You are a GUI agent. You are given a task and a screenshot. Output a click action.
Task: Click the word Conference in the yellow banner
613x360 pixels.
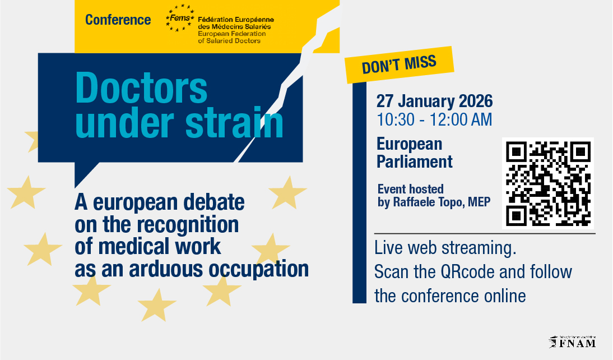click(x=118, y=20)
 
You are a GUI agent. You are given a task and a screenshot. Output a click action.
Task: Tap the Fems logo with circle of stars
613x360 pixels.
click(x=180, y=18)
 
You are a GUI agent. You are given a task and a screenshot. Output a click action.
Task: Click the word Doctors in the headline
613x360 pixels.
click(x=141, y=89)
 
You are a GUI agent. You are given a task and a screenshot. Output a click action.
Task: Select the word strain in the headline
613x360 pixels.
click(x=234, y=122)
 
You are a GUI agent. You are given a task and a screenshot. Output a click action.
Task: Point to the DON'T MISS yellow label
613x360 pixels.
click(x=399, y=64)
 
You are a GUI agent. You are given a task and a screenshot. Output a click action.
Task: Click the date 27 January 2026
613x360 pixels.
click(x=434, y=101)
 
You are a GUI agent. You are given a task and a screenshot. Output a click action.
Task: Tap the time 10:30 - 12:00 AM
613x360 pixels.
click(x=434, y=120)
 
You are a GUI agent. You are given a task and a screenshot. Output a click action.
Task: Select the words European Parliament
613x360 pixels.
click(x=415, y=153)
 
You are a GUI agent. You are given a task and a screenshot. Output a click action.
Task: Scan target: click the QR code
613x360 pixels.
click(x=547, y=183)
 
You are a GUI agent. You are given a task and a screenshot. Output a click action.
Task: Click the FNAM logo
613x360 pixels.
click(x=572, y=342)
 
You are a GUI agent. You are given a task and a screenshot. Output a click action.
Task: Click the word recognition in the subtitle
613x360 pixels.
click(x=187, y=225)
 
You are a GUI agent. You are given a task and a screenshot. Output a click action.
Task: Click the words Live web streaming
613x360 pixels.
click(x=445, y=248)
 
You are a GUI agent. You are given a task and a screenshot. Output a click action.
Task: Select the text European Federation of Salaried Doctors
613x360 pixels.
click(x=232, y=37)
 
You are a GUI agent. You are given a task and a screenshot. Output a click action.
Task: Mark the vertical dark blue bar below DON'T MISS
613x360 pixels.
click(x=359, y=192)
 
